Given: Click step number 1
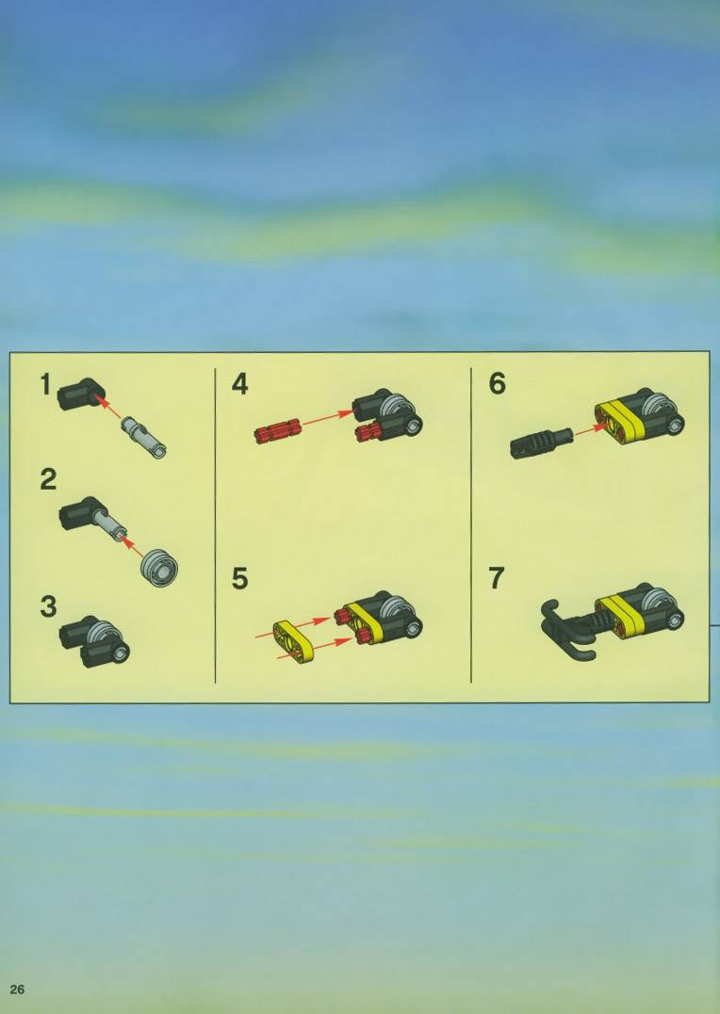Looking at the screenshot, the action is click(45, 385).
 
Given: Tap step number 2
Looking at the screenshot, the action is click(48, 479).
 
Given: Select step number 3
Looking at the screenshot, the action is click(48, 606).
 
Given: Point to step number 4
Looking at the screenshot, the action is click(239, 384).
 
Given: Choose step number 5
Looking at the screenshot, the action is click(239, 579).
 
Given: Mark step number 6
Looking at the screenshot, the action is click(498, 383).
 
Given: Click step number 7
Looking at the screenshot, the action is click(497, 578).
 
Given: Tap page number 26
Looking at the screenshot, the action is click(17, 990).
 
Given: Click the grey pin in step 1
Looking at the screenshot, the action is click(144, 437).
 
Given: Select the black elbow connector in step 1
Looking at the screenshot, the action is click(81, 394).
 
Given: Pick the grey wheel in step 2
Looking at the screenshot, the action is click(159, 568).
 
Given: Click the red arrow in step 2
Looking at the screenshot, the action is click(132, 546).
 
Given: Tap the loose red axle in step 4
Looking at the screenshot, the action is click(278, 431).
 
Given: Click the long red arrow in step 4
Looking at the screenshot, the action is click(327, 418).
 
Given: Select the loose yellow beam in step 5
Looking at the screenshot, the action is click(293, 642).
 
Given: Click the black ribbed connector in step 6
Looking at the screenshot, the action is click(541, 443).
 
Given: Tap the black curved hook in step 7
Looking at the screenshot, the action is click(568, 630).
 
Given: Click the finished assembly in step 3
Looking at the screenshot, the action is click(94, 641).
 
